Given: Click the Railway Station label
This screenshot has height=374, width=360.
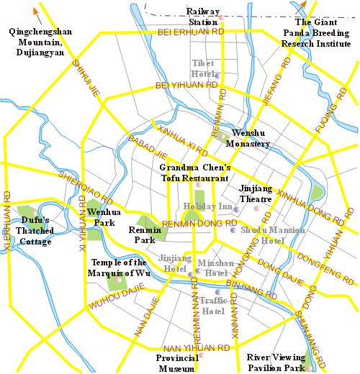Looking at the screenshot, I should (202, 17).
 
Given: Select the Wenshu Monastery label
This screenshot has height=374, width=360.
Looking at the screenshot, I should (248, 139).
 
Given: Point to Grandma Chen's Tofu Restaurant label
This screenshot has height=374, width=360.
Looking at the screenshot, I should (194, 173).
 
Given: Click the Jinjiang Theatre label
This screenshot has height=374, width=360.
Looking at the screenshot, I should (256, 193).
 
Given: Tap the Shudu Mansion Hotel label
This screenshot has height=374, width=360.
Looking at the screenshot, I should (264, 235).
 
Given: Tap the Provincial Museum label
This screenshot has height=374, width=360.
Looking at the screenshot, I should (176, 363).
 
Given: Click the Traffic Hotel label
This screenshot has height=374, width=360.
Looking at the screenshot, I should (213, 306).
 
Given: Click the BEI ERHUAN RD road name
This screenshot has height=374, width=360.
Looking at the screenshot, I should (191, 32).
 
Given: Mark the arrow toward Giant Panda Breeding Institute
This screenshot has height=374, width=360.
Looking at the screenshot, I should (304, 6).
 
